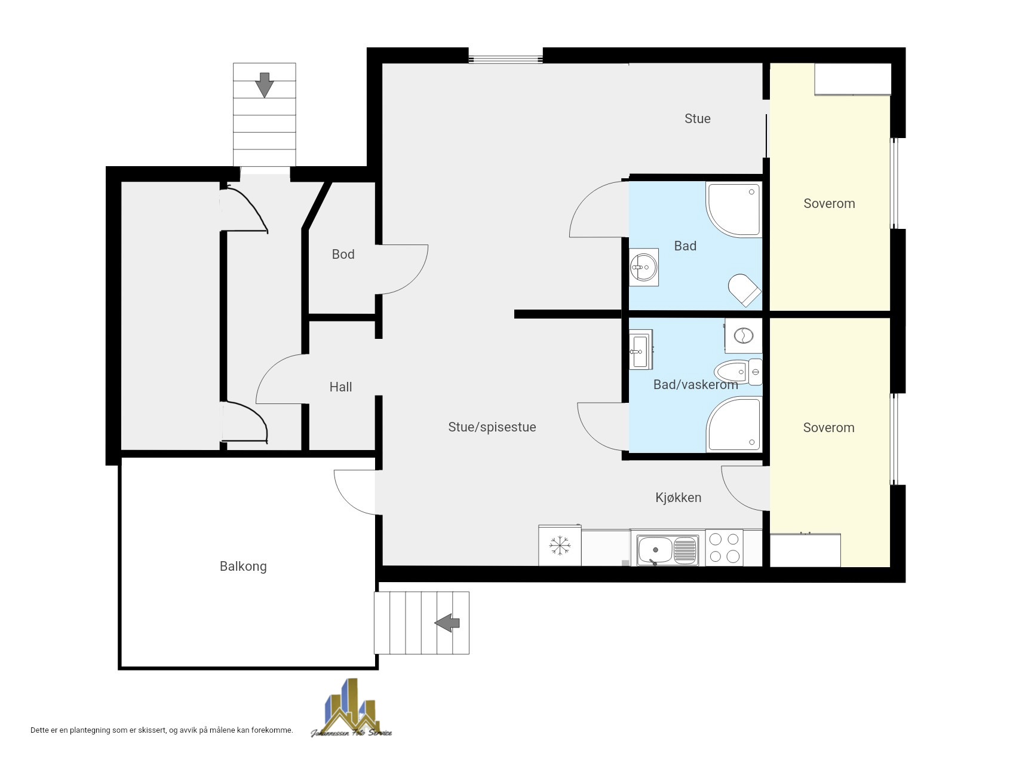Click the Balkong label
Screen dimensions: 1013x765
coord(243,566)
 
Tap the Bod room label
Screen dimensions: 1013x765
coord(343,254)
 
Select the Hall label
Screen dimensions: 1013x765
coord(341,387)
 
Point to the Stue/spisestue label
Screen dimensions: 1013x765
coord(492,427)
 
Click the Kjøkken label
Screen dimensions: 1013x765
coord(679,497)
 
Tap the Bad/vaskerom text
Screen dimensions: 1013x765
coord(696,384)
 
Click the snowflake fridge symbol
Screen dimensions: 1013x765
coord(560,545)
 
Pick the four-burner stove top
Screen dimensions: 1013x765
coord(724,547)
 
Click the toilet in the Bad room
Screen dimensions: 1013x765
coord(744,290)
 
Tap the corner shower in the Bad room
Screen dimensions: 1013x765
coord(734,210)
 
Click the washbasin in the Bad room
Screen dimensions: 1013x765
coord(644,267)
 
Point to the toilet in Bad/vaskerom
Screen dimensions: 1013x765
coord(738,372)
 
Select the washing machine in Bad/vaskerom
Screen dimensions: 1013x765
coord(744,335)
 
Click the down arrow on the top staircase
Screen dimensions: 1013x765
coord(264,85)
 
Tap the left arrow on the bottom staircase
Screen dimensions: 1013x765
coord(447,623)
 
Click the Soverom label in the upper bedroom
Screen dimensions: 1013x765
coord(829,203)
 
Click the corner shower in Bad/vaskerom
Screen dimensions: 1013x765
coord(734,424)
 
